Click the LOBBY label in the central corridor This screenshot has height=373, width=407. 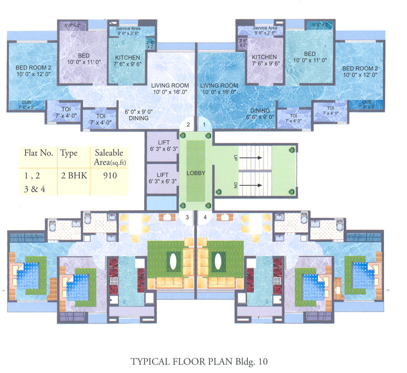coord(196,173)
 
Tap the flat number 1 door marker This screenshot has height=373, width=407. coord(205,124)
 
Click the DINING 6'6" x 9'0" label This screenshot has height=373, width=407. coord(259,114)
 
